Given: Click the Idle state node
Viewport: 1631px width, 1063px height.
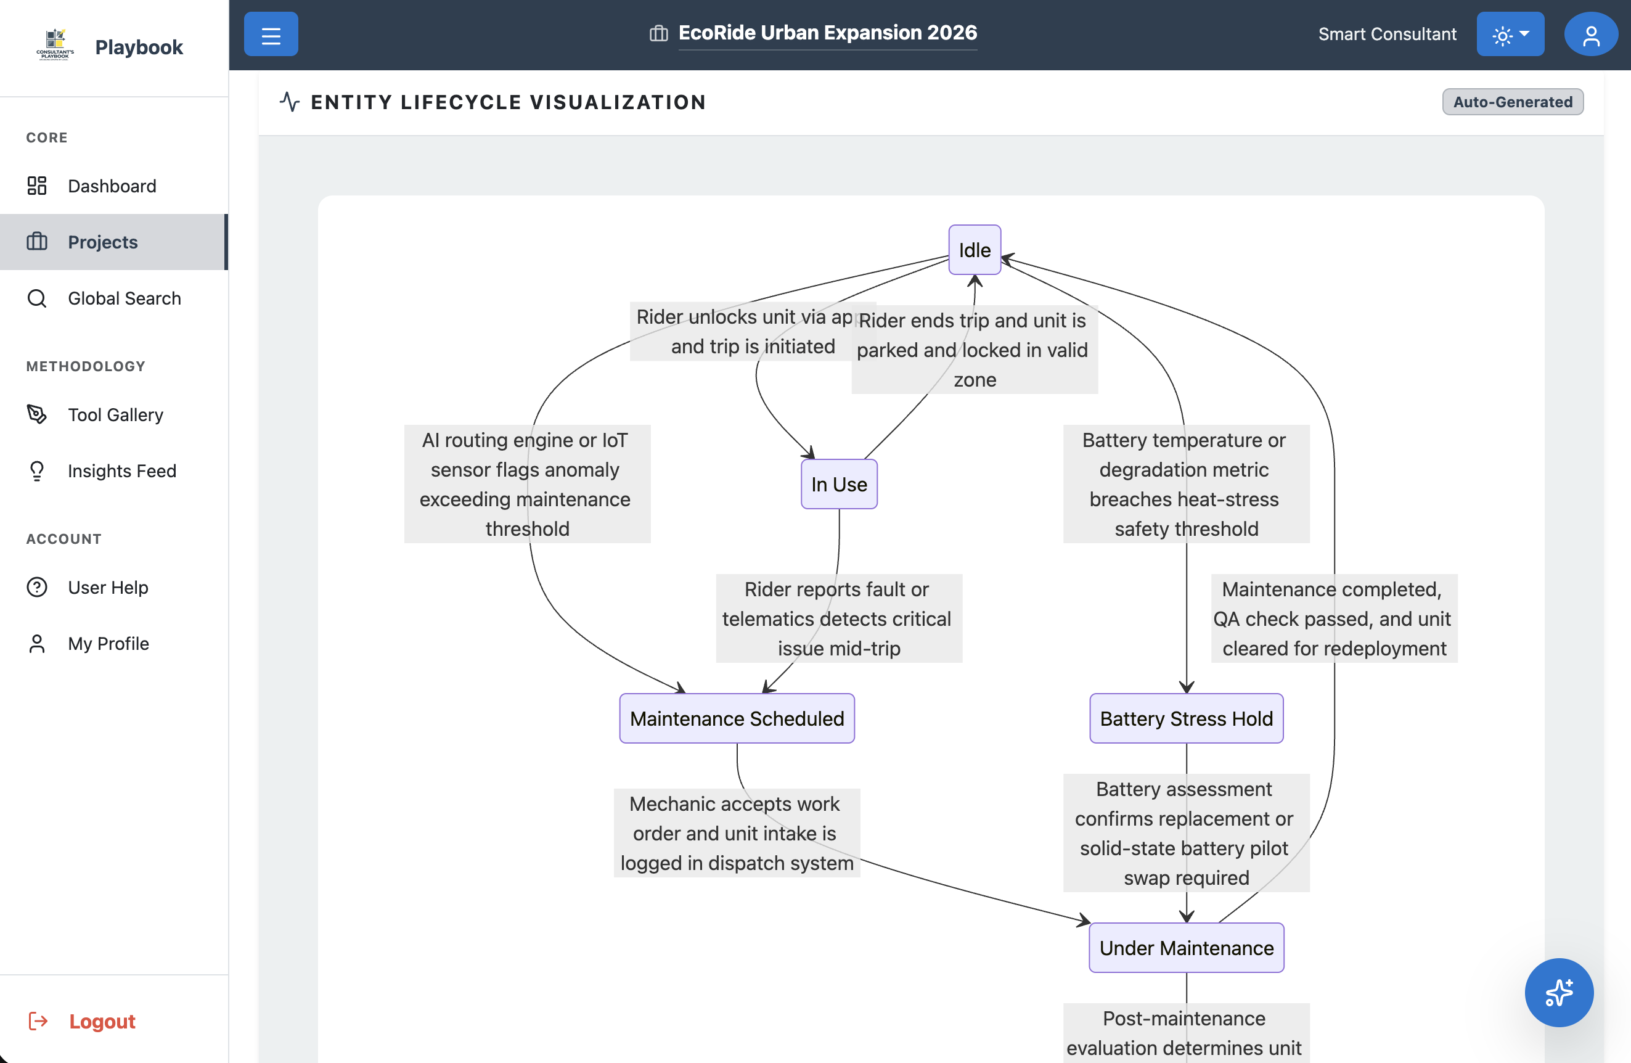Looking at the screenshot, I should point(974,250).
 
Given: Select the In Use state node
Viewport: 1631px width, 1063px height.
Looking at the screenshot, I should point(839,485).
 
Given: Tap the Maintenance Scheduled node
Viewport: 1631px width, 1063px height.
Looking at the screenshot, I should point(737,718).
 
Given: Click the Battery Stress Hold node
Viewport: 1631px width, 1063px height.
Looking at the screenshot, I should point(1185,718).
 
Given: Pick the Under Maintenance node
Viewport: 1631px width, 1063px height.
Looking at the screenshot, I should point(1185,948).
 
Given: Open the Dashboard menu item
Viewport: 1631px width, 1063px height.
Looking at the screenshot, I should point(112,186).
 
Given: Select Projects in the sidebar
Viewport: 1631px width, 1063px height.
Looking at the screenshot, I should point(103,242).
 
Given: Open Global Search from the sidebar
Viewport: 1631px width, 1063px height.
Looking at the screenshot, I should point(124,298).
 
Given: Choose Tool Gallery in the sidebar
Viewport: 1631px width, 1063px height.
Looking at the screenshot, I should point(115,414).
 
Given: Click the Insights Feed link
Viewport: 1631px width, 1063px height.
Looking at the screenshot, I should point(122,471).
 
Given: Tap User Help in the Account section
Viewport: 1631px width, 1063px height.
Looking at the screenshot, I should point(108,588).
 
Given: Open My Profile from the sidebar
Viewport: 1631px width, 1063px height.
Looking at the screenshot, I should point(108,644).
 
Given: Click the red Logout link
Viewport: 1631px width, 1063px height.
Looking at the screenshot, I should point(102,1021).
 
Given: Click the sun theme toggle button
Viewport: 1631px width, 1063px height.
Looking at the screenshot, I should point(1510,35).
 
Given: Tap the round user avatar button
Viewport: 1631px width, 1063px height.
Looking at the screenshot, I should point(1590,35).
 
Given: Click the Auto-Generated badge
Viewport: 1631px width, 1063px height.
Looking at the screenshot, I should point(1513,102).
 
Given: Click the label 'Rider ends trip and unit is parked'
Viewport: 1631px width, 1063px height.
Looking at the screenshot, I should point(974,350).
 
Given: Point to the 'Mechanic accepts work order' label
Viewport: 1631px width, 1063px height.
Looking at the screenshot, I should point(737,833).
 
